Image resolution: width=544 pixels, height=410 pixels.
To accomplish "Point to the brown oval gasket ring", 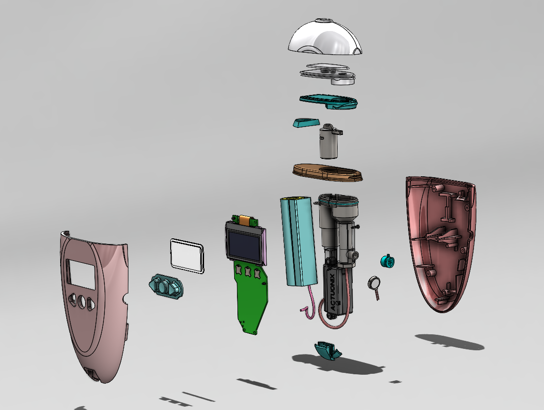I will tap(328, 172).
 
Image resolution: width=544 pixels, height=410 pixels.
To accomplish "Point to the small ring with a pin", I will tap(374, 283).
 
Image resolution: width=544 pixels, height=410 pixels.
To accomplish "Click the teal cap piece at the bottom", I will tap(328, 350).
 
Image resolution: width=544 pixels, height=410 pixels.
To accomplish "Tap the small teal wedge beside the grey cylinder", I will tap(305, 123).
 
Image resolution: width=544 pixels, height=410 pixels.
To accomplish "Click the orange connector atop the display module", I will tap(245, 219).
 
